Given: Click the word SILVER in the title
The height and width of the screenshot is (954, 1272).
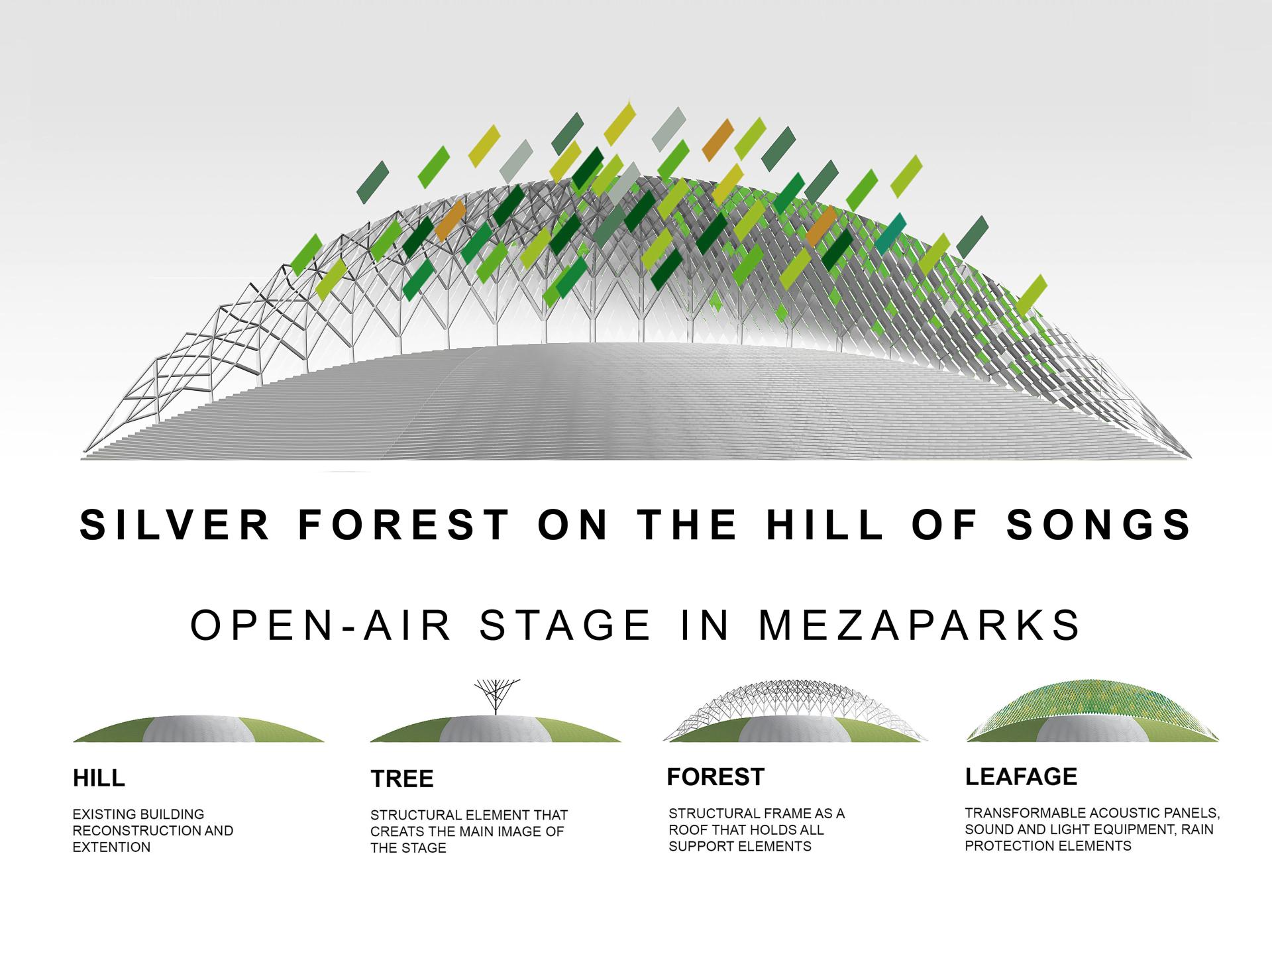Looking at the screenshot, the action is (x=175, y=525).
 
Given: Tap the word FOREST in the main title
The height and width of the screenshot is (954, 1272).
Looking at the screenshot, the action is (x=405, y=525).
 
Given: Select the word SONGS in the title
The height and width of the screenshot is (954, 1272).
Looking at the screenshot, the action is (x=1099, y=525).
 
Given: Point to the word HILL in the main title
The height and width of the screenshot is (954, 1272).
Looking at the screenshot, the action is (x=825, y=525).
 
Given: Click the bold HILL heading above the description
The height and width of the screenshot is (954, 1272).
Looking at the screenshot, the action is (x=99, y=778).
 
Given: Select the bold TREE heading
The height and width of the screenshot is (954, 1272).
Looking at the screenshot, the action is (x=402, y=778).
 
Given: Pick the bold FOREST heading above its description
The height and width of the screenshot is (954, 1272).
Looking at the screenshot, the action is (x=715, y=776).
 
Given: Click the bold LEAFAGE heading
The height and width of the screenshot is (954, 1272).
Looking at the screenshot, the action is (x=1021, y=776).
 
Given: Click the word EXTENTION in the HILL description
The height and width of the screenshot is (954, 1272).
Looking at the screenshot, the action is (x=111, y=847).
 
